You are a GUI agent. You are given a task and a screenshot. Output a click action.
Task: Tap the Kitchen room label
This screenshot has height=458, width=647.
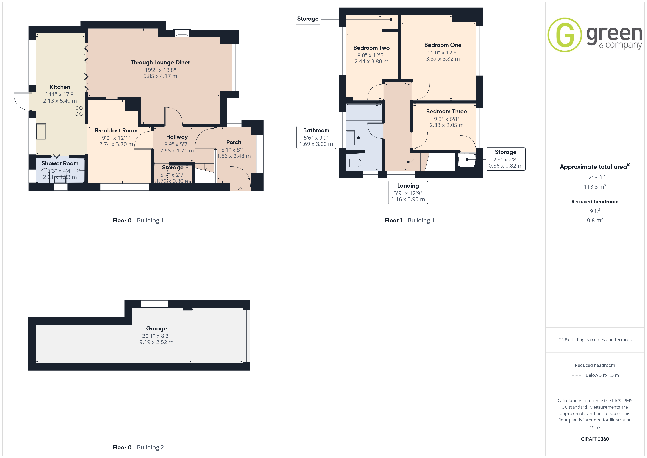point(60,87)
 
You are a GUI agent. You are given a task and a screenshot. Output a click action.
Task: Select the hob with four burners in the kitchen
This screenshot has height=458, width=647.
point(79,111)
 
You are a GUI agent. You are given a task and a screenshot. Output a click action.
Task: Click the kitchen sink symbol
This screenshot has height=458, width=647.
point(41,132)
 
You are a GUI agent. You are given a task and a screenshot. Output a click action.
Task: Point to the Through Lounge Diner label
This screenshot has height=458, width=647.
point(160,62)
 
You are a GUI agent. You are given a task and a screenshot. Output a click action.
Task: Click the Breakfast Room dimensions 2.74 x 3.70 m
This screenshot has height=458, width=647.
point(116,144)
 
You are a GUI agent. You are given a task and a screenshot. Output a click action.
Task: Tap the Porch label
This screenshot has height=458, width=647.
point(234,142)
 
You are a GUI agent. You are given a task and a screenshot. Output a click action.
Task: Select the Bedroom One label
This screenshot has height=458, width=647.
point(443,45)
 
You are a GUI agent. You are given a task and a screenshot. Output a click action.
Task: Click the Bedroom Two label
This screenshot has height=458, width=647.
point(371,48)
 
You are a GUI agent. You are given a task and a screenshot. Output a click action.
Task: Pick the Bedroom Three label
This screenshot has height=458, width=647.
point(446,111)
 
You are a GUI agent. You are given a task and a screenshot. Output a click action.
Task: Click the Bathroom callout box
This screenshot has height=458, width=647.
point(316,137)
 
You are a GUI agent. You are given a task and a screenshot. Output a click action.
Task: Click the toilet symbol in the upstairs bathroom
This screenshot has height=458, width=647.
point(354,163)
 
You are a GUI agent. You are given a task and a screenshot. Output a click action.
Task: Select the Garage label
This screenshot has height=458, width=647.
point(156,329)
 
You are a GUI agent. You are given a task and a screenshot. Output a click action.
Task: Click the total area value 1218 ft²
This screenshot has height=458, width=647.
point(595,177)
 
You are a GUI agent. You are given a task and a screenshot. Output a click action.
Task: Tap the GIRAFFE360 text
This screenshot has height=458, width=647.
point(595,439)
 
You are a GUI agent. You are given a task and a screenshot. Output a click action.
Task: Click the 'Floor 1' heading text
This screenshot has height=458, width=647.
point(393,221)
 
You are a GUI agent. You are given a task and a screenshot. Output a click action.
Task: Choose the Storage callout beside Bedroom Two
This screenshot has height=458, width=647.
point(308,19)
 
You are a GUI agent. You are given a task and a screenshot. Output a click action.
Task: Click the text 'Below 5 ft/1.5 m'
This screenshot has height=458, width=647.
point(602,375)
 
